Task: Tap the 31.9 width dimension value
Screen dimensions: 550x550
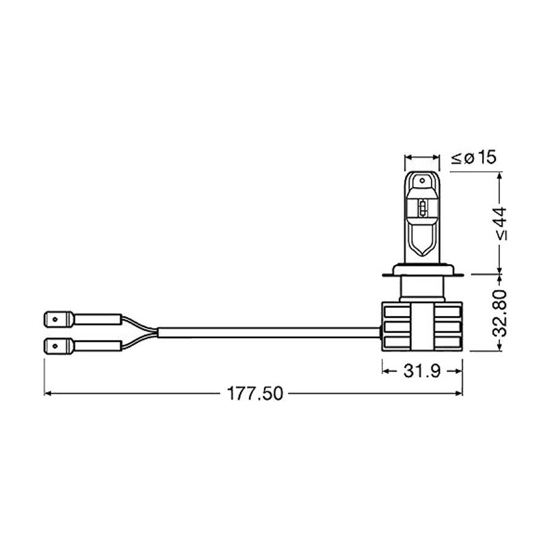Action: click(x=422, y=371)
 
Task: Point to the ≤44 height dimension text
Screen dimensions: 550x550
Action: click(x=502, y=222)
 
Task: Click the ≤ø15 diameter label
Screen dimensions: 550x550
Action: click(x=473, y=158)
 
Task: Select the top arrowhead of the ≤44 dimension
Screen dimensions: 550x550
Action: click(x=501, y=175)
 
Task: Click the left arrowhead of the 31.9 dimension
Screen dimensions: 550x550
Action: click(x=386, y=371)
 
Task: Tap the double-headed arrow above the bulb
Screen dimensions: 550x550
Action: click(x=422, y=158)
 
